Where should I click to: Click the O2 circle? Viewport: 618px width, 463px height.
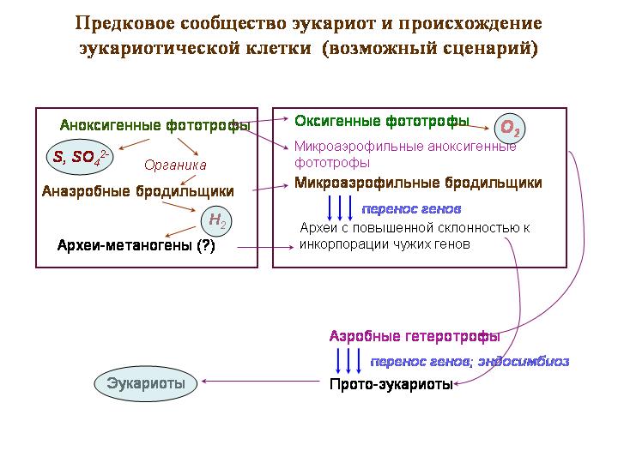(510, 128)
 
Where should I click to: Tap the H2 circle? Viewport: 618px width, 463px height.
(216, 221)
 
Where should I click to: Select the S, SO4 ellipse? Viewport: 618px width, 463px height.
(80, 157)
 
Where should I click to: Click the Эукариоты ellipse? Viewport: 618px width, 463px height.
(145, 383)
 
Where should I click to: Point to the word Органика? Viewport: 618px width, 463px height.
(175, 165)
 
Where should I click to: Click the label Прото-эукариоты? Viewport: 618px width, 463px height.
(391, 384)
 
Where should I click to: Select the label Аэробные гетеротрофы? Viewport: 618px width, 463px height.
(415, 337)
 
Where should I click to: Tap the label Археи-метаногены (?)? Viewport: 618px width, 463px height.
(136, 246)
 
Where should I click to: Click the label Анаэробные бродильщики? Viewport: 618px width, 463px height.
(138, 191)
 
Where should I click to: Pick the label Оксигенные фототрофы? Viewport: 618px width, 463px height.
(382, 121)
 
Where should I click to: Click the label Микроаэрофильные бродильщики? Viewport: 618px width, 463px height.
(418, 183)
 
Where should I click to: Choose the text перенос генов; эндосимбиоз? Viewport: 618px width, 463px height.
(470, 362)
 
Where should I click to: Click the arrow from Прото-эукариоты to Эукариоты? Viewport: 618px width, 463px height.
(261, 381)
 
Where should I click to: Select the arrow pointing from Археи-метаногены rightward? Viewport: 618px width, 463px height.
(265, 247)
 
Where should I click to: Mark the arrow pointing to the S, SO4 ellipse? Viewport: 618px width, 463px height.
(134, 144)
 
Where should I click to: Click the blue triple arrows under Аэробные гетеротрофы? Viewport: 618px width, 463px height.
(348, 361)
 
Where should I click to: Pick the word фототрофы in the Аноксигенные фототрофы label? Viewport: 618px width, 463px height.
(208, 125)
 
